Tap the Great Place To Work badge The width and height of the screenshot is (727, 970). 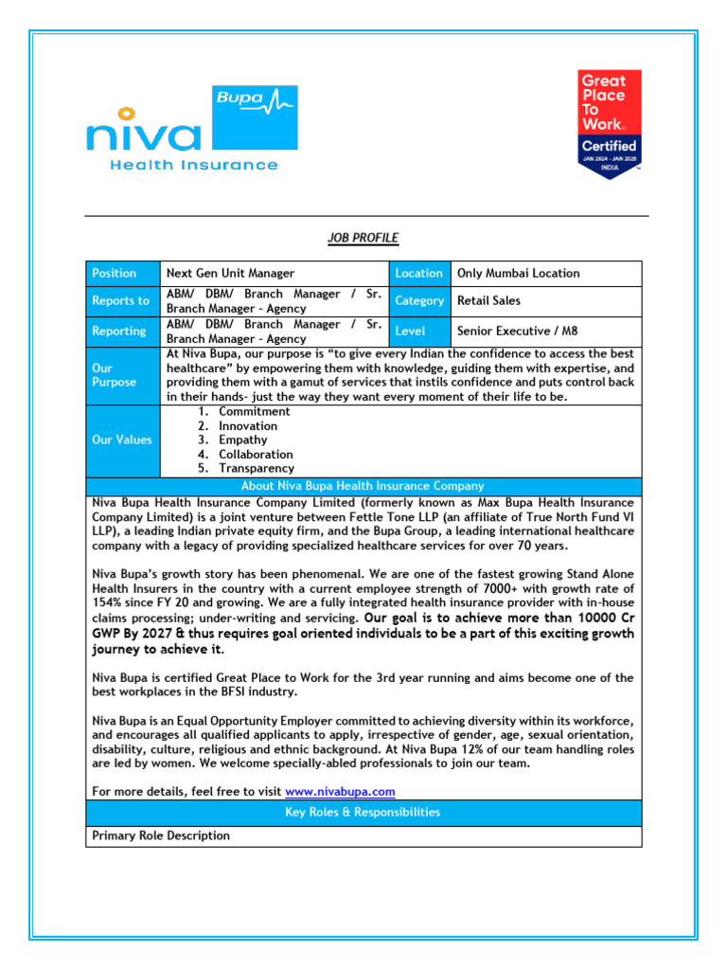610,123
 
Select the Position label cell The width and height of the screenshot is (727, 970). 122,274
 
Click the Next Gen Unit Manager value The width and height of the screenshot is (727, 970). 230,274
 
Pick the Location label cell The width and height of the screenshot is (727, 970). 418,274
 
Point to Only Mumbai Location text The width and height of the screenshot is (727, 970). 518,274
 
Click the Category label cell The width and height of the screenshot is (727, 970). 418,301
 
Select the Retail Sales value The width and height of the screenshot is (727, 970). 488,301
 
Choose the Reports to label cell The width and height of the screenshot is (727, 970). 122,301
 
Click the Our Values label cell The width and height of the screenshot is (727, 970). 122,440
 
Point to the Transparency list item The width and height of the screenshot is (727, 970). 256,469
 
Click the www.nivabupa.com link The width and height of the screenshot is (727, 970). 340,792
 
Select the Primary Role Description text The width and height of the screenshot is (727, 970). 161,836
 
